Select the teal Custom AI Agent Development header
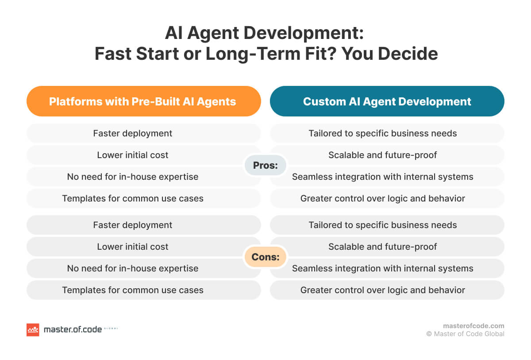point(387,101)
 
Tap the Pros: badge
point(265,166)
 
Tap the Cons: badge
point(265,257)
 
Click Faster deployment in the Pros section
point(133,133)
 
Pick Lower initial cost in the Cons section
point(133,247)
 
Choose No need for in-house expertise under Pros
point(133,177)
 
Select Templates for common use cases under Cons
point(133,290)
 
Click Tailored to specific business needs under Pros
point(383,133)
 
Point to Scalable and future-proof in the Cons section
point(383,247)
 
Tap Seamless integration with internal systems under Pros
point(383,177)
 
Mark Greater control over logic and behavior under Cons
point(383,290)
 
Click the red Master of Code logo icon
point(33,329)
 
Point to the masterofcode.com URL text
point(473,325)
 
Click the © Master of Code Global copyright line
point(465,334)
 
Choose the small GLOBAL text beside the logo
point(110,329)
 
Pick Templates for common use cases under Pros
point(133,198)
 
